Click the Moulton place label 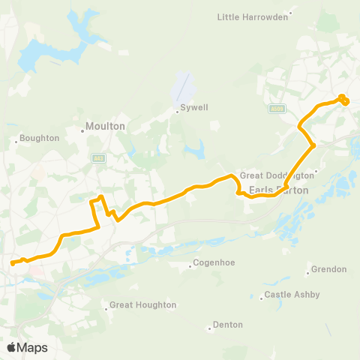click(105, 126)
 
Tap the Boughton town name click(40, 138)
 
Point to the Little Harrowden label click(251, 16)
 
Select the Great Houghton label click(142, 305)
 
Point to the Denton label click(228, 325)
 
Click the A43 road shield click(98, 157)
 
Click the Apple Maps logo click(27, 347)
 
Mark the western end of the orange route click(12, 262)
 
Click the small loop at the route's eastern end click(343, 99)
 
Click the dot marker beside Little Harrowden click(290, 12)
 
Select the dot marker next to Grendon click(307, 272)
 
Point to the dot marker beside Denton click(209, 328)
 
